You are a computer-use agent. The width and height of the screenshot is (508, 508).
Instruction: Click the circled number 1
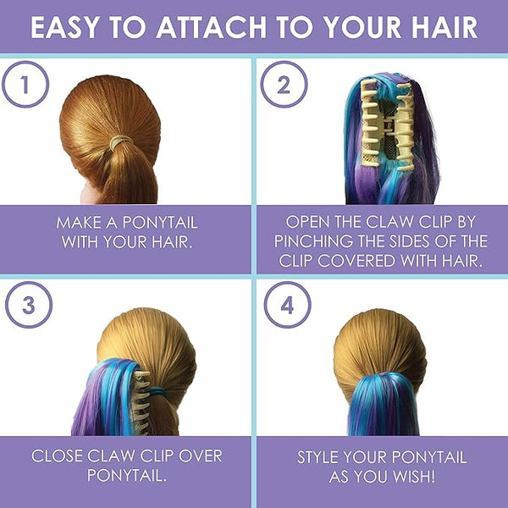[x=25, y=84]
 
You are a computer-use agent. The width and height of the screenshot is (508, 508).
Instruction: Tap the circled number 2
[x=284, y=84]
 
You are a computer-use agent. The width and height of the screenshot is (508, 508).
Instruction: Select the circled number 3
[x=29, y=305]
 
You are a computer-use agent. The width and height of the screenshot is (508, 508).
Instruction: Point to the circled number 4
[x=287, y=305]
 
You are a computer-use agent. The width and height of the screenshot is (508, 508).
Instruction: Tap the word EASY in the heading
[x=63, y=27]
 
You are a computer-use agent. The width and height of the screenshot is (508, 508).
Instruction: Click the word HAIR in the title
[x=444, y=27]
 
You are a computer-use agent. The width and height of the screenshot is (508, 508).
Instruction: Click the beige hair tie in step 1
[x=121, y=141]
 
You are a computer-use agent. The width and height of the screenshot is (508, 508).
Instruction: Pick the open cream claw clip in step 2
[x=387, y=124]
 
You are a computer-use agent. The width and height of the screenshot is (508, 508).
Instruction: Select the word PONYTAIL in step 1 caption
[x=160, y=223]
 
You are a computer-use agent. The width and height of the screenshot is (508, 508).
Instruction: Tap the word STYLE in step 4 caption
[x=318, y=457]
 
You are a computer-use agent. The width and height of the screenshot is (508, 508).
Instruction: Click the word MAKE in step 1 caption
[x=78, y=223]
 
